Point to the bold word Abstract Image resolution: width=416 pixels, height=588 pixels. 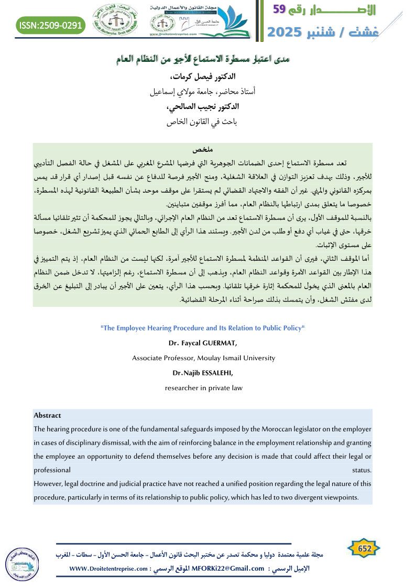tap(47, 415)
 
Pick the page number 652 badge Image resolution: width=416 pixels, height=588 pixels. tap(364, 548)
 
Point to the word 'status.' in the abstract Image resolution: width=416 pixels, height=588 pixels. tap(362, 470)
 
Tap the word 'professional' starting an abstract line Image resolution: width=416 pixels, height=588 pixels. tap(52, 470)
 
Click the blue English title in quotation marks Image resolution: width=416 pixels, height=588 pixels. tap(202, 328)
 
